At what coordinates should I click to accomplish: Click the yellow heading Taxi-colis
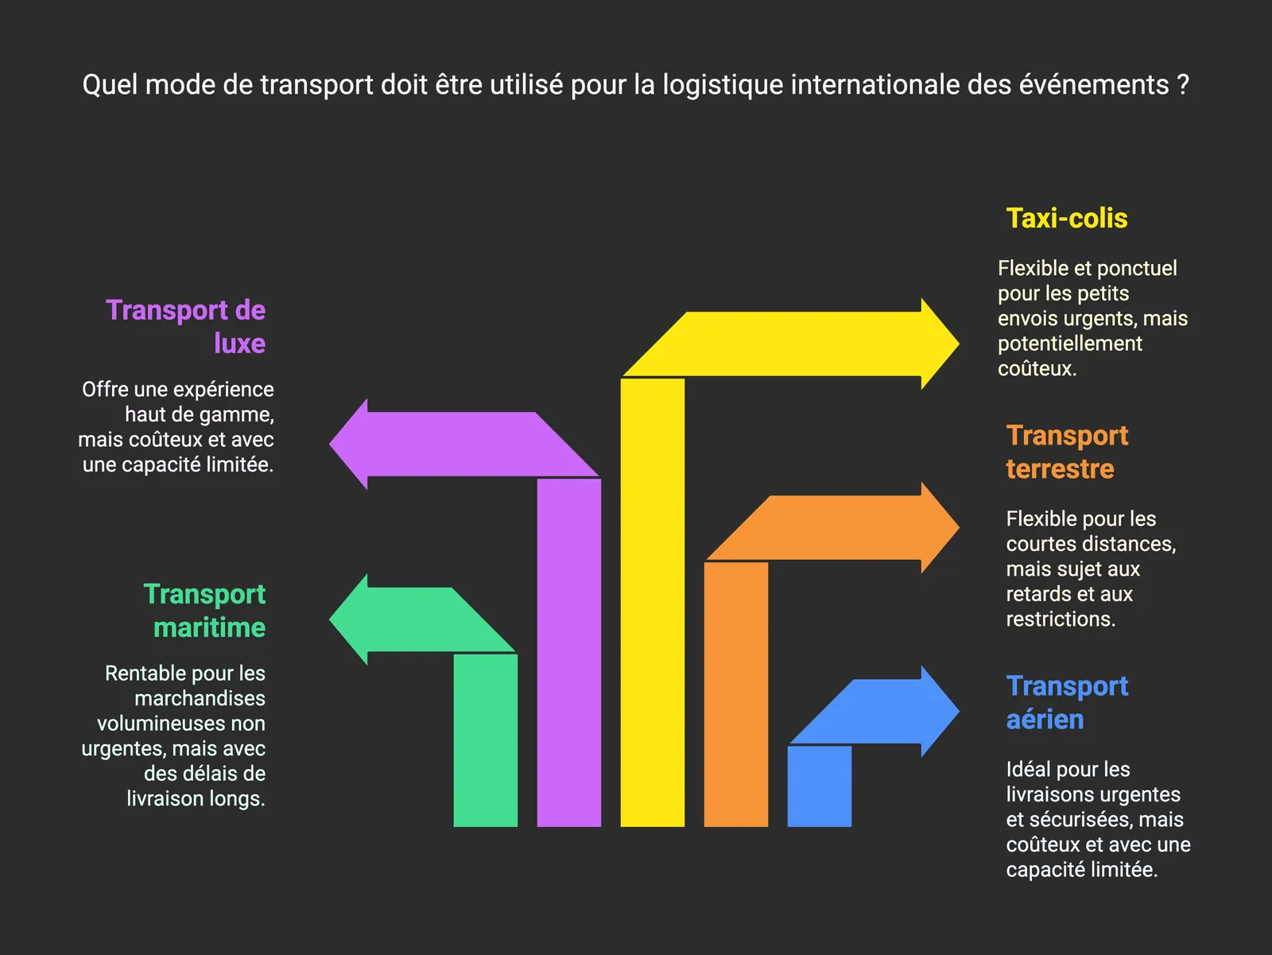(x=1067, y=219)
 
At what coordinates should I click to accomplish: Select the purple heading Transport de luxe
(x=185, y=326)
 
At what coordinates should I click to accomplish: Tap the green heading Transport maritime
(x=204, y=611)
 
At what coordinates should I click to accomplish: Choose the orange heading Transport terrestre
(x=1067, y=452)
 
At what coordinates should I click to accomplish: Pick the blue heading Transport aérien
(x=1067, y=702)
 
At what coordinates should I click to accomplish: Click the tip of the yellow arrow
(x=959, y=344)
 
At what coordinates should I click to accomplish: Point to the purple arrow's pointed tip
(x=329, y=444)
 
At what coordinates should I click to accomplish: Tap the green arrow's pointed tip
(x=329, y=619)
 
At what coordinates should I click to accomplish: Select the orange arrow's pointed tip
(x=959, y=527)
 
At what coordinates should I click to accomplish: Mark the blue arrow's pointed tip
(x=959, y=711)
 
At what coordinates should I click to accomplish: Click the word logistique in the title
(x=723, y=85)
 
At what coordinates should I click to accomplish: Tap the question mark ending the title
(x=1183, y=84)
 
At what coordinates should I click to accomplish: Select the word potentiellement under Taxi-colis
(x=1070, y=344)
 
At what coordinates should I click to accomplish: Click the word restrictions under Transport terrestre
(x=1061, y=619)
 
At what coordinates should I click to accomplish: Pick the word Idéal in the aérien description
(x=1029, y=769)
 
